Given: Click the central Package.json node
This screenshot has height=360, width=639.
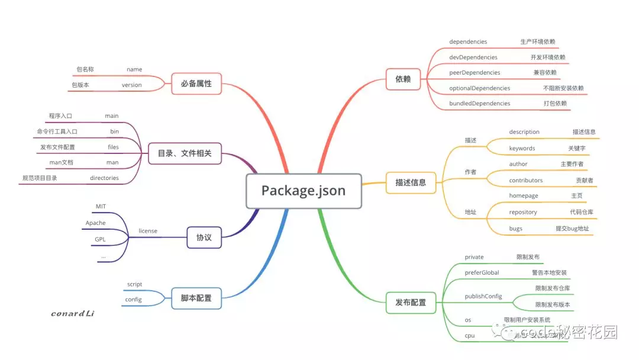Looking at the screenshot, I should pyautogui.click(x=304, y=191).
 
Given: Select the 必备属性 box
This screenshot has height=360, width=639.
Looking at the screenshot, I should pyautogui.click(x=196, y=83).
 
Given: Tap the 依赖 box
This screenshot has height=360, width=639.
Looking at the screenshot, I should pyautogui.click(x=403, y=79).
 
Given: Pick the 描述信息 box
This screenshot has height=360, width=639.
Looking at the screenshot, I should pyautogui.click(x=410, y=182).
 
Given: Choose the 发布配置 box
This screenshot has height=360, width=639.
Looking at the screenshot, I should pyautogui.click(x=410, y=302).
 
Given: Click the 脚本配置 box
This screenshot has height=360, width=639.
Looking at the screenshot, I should pyautogui.click(x=196, y=298).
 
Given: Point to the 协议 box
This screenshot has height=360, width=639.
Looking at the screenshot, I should pyautogui.click(x=204, y=238).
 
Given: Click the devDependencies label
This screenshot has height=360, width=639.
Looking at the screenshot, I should pyautogui.click(x=473, y=57).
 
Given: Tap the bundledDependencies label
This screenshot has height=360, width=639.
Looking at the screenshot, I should pyautogui.click(x=479, y=103).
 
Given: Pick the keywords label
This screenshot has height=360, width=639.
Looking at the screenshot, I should pyautogui.click(x=522, y=148).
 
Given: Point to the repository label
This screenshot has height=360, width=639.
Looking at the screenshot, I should pyautogui.click(x=523, y=212).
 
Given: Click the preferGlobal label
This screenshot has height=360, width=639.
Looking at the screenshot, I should pyautogui.click(x=482, y=272).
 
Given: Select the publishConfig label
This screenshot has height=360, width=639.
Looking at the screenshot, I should pyautogui.click(x=483, y=295).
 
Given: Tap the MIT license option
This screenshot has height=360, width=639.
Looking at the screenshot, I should pyautogui.click(x=101, y=206).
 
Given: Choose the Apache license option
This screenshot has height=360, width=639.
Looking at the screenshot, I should pyautogui.click(x=96, y=223).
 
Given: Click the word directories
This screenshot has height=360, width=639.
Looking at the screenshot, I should pyautogui.click(x=104, y=178).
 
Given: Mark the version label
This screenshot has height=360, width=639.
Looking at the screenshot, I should pyautogui.click(x=132, y=85).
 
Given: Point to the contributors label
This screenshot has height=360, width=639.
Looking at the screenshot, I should pyautogui.click(x=525, y=180).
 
